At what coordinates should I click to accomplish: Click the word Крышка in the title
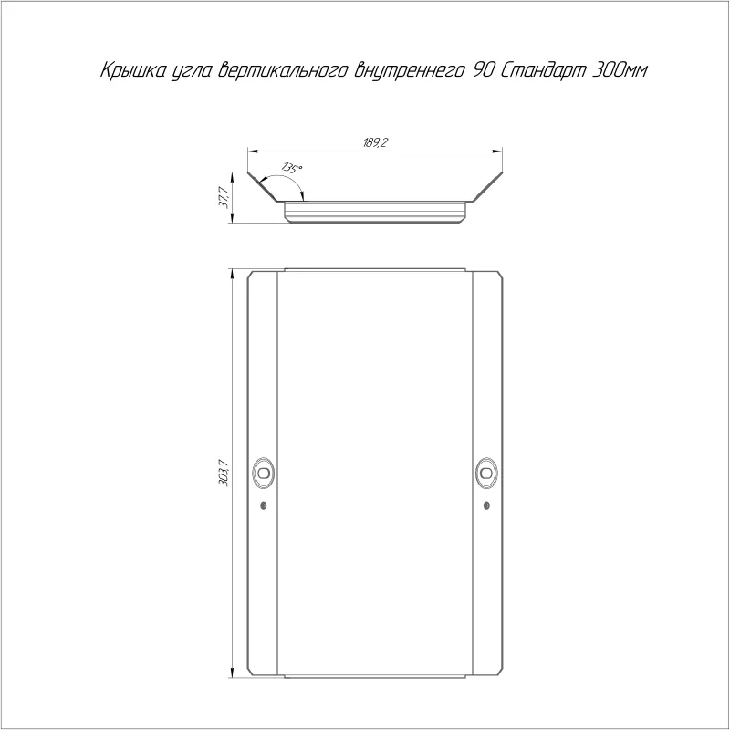131,71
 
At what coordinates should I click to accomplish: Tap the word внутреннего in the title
410,71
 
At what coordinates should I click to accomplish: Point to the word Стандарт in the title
543,71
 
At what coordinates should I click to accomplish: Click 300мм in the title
620,70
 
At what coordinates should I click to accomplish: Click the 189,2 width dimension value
375,142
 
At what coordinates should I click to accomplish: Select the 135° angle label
292,168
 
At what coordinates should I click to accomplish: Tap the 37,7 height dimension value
224,197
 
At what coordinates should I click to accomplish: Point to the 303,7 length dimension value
224,473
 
